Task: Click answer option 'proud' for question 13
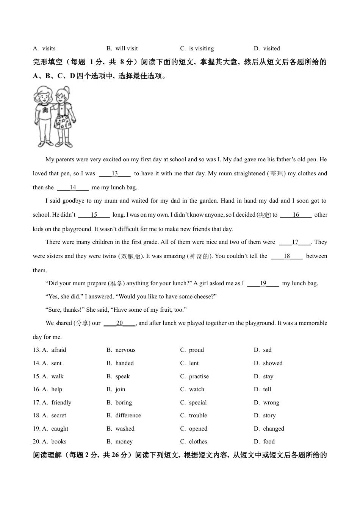196,350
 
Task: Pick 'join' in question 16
120,389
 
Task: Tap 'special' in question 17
198,403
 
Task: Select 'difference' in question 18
128,415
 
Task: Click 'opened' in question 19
198,429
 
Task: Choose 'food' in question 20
269,442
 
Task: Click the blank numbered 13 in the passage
115,174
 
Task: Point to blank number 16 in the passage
296,215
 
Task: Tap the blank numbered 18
287,256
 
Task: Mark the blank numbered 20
119,323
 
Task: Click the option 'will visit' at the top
127,48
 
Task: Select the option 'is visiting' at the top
201,48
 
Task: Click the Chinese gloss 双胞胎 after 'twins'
131,256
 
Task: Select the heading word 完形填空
47,62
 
